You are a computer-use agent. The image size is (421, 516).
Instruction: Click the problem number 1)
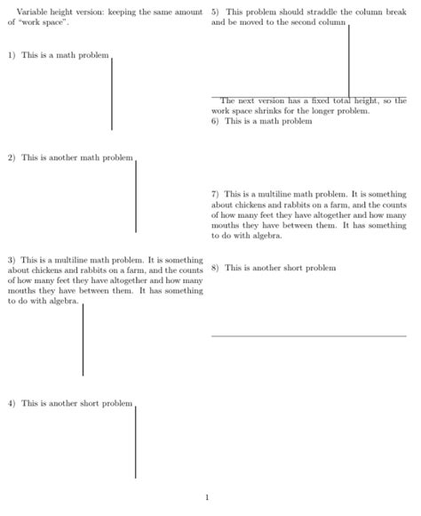coord(12,55)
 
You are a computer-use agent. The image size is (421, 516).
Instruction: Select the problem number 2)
coord(12,158)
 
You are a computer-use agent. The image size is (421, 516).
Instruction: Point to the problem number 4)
coord(12,403)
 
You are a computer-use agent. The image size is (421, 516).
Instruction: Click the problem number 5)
coord(216,12)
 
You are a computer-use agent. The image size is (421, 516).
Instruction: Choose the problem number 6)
coord(216,121)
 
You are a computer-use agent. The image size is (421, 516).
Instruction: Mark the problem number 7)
coord(216,193)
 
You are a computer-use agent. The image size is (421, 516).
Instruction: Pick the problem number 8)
coord(216,268)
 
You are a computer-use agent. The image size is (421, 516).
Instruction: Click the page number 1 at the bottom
coord(207,497)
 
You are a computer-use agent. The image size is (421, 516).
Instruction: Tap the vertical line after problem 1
coord(112,93)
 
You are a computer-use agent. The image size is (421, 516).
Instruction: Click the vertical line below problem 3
coord(83,340)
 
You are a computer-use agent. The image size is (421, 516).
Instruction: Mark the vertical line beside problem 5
coord(349,60)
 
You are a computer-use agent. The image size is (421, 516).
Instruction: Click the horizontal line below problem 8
coord(308,335)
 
